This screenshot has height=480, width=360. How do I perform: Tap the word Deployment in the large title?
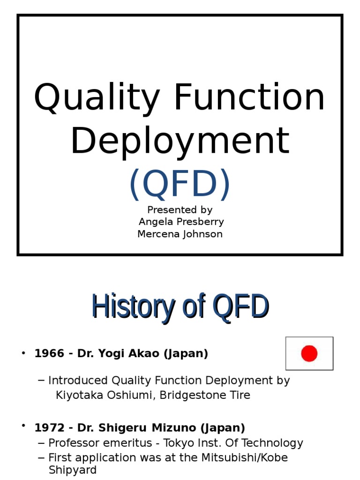(180, 141)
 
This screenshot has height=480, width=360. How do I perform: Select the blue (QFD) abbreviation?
(180, 184)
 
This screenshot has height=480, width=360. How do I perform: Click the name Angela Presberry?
(181, 222)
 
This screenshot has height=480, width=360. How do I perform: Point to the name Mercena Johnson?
(180, 234)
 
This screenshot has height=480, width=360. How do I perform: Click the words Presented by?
(180, 210)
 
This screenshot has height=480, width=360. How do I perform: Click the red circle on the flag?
(309, 353)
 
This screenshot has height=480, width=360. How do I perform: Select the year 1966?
(49, 353)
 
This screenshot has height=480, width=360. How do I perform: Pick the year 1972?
(49, 428)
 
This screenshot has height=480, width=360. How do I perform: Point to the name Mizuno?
(177, 428)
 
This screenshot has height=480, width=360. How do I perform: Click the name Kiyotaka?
(76, 395)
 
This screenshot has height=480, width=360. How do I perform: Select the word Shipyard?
(73, 470)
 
